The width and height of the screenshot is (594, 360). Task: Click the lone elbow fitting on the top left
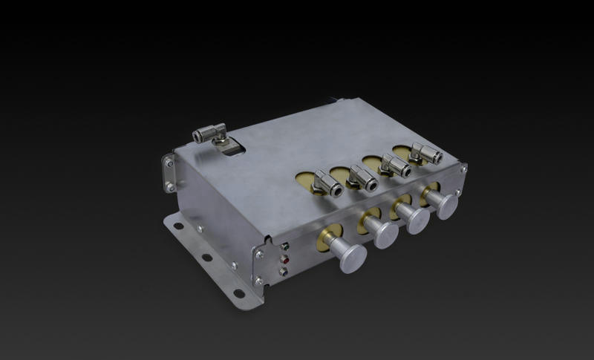(x=211, y=134)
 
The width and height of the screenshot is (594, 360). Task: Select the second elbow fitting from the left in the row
(x=362, y=176)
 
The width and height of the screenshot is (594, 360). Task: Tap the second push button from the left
(x=384, y=232)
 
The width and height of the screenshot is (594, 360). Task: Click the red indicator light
(x=283, y=261)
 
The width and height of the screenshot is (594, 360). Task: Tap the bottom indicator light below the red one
(x=283, y=272)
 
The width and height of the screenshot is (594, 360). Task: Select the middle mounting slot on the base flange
(x=207, y=258)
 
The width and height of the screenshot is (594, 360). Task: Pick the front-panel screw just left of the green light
(x=259, y=254)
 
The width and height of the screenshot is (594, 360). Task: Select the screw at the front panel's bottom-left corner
(x=258, y=280)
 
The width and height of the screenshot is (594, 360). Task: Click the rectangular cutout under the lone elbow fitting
(x=232, y=150)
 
